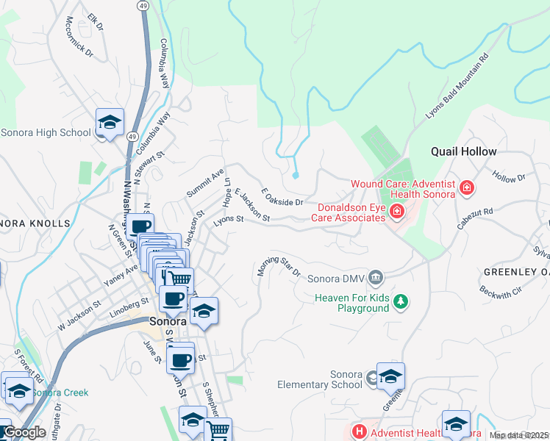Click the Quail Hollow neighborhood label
pos(463,151)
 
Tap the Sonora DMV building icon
pos(376,277)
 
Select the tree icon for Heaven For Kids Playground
pos(400,302)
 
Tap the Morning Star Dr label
pos(279,267)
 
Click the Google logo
pos(24,432)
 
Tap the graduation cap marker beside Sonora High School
pos(110,122)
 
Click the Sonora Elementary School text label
pos(319,379)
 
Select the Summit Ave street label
pos(205,182)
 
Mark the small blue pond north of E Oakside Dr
pos(296,175)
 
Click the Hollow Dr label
pos(510,177)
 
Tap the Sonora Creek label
pos(63,392)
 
